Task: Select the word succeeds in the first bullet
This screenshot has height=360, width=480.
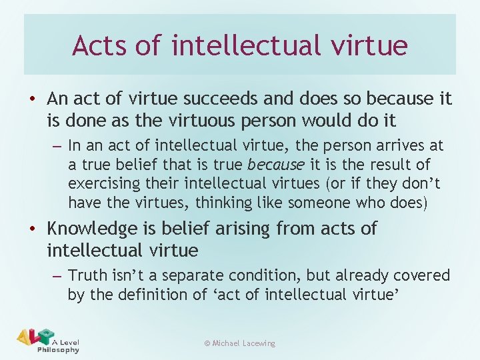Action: pyautogui.click(x=211, y=99)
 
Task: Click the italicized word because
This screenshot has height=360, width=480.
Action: pyautogui.click(x=275, y=165)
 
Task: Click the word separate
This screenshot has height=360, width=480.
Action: pyautogui.click(x=186, y=275)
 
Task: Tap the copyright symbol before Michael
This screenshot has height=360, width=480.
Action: pyautogui.click(x=207, y=343)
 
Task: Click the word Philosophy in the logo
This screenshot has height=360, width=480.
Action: pyautogui.click(x=58, y=350)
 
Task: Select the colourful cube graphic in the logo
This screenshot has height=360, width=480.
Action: pyautogui.click(x=45, y=336)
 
